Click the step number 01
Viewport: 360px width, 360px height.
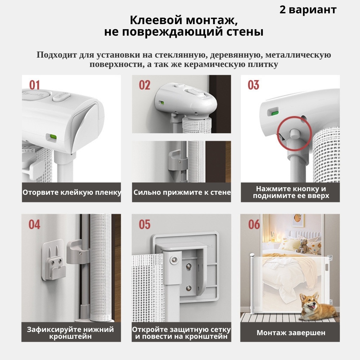[x=35, y=85]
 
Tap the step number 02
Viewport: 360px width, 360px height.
[x=144, y=85]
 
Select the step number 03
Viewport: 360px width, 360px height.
[x=253, y=85]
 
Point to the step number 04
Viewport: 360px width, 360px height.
[x=34, y=224]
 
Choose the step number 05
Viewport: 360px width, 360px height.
[x=144, y=224]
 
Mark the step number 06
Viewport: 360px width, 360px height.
[x=254, y=224]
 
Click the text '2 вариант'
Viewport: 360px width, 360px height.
[x=308, y=10]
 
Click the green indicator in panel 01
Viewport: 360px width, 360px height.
[x=53, y=137]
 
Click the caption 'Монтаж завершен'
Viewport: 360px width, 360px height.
[x=291, y=333]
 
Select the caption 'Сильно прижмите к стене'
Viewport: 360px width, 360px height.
[x=182, y=192]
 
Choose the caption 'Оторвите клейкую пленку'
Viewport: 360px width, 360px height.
[x=72, y=192]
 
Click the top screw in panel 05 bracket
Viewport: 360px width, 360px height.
[x=174, y=260]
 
